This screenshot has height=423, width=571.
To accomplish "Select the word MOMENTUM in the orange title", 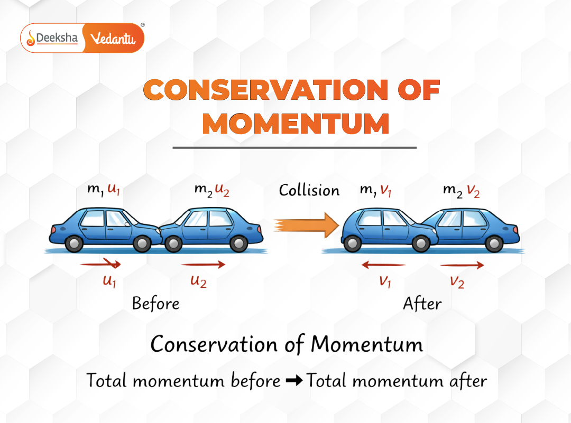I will (296, 124).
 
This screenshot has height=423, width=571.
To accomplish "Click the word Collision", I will (309, 190).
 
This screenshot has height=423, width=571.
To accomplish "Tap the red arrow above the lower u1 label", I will (100, 264).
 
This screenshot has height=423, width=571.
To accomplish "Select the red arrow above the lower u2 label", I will (203, 265).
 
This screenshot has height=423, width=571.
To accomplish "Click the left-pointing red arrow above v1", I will (383, 265).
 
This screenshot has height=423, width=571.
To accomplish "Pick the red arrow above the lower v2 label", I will (462, 265).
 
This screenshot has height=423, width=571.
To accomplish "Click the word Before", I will (155, 304).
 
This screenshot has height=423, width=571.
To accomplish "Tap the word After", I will (422, 304).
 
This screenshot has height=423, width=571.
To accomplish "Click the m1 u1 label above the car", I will (104, 190).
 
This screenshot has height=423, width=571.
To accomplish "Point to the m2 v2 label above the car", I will (462, 191).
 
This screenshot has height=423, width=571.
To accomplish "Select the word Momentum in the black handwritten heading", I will (367, 345).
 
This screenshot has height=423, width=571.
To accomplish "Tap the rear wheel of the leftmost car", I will (74, 243).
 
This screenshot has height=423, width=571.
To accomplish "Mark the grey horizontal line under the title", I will (294, 148).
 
